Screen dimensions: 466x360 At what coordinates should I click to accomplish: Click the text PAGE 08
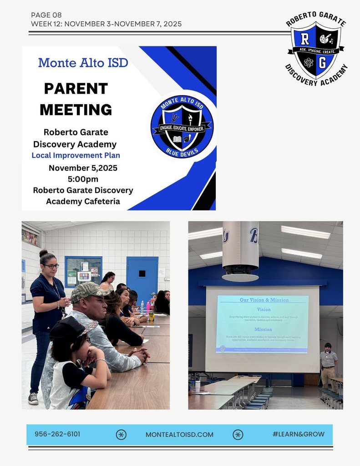click(x=46, y=15)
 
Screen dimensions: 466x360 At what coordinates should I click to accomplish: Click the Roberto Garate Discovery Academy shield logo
click(x=316, y=51)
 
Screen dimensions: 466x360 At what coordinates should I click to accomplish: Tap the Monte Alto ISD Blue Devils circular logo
click(x=182, y=127)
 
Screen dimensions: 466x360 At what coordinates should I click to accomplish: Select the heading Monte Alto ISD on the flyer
click(x=83, y=62)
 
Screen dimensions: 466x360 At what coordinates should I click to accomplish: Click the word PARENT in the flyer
click(x=76, y=88)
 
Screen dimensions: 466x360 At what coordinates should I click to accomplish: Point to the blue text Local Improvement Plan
click(x=76, y=155)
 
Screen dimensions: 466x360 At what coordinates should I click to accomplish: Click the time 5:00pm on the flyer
click(x=83, y=179)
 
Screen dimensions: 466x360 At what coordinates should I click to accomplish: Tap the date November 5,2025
click(x=83, y=168)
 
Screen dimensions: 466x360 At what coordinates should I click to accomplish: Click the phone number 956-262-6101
click(x=57, y=434)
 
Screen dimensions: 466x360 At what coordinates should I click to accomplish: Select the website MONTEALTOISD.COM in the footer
click(x=179, y=435)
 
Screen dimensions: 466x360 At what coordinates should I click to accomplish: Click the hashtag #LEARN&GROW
click(x=299, y=434)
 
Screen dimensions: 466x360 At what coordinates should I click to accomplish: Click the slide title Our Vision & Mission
click(x=262, y=300)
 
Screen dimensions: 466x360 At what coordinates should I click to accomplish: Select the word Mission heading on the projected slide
click(x=263, y=329)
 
